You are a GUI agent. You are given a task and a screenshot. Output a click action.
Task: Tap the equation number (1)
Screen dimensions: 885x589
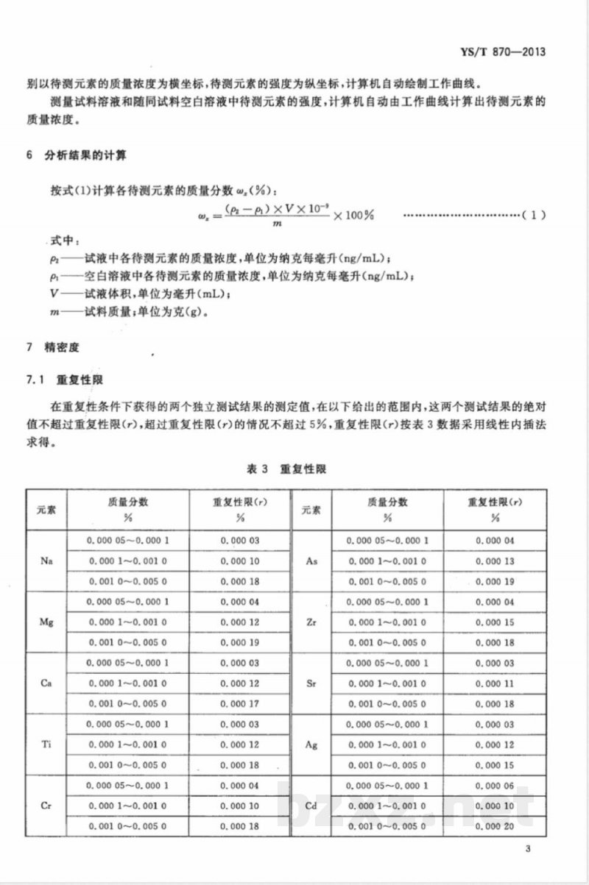click(x=533, y=216)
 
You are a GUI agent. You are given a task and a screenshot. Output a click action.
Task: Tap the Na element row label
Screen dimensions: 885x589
click(x=46, y=561)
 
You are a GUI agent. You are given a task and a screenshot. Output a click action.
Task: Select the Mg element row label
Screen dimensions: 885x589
click(x=46, y=622)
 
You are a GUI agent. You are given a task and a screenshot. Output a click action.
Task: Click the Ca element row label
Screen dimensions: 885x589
click(x=46, y=683)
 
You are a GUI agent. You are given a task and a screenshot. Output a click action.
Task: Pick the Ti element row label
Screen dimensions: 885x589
click(x=46, y=744)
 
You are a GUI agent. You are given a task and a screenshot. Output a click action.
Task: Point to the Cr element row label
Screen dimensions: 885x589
click(x=46, y=806)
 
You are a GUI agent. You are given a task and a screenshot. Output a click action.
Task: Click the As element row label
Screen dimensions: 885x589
click(x=311, y=561)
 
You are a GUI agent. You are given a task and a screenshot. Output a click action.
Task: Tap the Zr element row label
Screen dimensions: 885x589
click(x=311, y=622)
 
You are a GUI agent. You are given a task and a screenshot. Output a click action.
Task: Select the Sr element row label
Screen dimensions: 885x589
click(x=311, y=683)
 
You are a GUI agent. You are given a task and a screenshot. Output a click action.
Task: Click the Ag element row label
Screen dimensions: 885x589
click(x=311, y=744)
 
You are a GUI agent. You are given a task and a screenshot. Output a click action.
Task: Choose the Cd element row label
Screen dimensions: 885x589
click(x=311, y=806)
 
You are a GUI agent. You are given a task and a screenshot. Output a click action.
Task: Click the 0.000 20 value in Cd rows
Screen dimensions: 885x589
click(x=495, y=826)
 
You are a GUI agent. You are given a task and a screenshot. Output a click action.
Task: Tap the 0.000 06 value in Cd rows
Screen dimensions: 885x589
click(x=495, y=786)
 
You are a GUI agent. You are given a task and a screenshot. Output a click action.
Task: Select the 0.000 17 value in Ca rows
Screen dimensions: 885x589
click(x=240, y=704)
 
